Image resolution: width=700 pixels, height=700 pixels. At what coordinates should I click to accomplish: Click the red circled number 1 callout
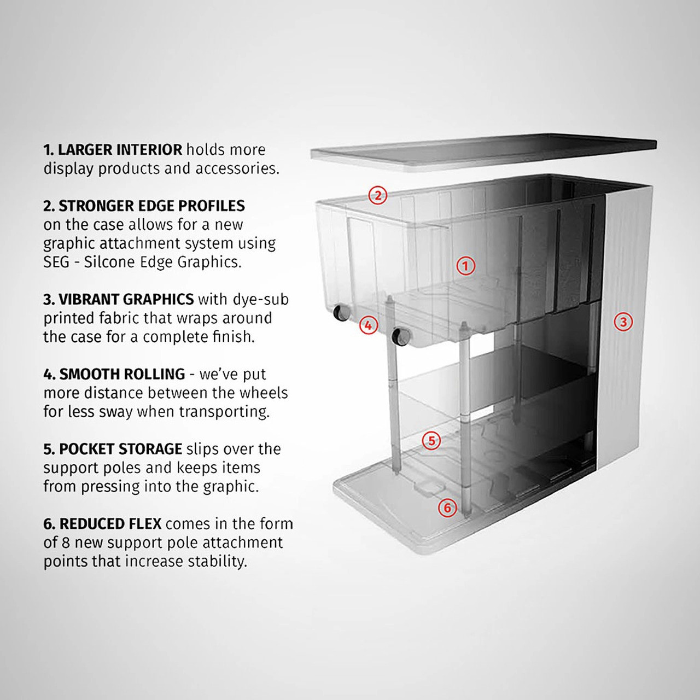[x=465, y=266]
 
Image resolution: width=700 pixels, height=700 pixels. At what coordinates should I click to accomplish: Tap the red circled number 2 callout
[x=377, y=195]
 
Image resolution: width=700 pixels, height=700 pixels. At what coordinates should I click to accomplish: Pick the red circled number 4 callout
[x=369, y=325]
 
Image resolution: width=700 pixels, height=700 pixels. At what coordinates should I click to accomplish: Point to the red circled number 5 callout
[x=431, y=440]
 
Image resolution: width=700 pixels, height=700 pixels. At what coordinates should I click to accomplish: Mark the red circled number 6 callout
[x=447, y=508]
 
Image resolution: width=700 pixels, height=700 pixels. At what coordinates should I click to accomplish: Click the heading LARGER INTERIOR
[x=120, y=150]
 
